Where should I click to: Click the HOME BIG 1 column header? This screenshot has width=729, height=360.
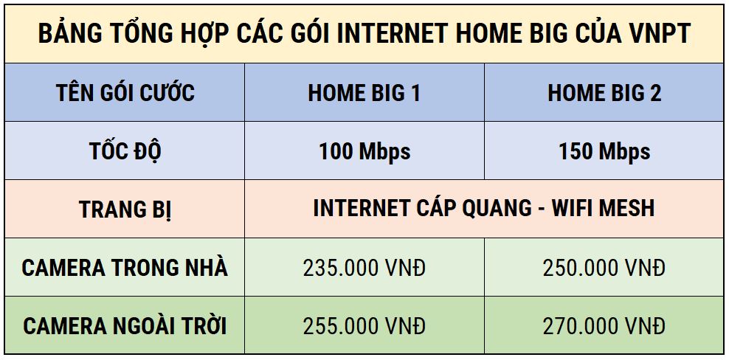click(364, 93)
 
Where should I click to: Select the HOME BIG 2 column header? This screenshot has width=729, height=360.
click(604, 93)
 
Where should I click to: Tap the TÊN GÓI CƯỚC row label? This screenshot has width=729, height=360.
click(125, 93)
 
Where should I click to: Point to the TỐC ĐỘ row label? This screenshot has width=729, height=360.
click(125, 151)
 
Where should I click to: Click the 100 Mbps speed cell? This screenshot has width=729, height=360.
click(364, 151)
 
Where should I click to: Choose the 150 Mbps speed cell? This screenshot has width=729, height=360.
click(604, 151)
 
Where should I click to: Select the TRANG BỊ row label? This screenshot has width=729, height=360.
click(125, 210)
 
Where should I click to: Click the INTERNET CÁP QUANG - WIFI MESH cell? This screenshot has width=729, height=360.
click(483, 208)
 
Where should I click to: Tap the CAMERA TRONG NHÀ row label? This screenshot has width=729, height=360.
click(125, 267)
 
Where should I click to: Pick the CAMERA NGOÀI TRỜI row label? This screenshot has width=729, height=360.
click(125, 325)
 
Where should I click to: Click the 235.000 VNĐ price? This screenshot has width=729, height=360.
click(364, 268)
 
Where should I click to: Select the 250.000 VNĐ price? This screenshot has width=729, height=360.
click(604, 268)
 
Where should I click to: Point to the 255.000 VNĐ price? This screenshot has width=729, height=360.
click(364, 325)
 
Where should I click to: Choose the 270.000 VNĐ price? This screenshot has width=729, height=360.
click(604, 325)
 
